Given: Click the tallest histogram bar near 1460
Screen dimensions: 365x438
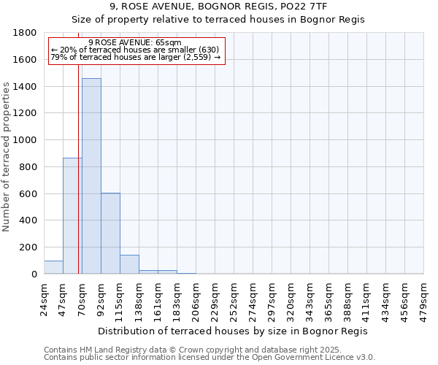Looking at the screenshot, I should [x=91, y=176].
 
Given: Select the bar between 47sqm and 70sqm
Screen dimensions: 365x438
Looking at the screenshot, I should [x=72, y=216].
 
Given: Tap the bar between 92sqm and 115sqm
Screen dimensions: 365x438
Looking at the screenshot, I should [x=110, y=234].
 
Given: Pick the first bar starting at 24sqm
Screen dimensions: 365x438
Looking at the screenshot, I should [x=53, y=267].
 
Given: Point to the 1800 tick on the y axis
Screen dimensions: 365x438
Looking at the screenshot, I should [x=27, y=33].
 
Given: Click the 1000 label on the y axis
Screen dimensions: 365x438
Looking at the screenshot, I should [x=27, y=140].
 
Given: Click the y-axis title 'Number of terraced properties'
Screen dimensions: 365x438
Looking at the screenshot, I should [x=7, y=157].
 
